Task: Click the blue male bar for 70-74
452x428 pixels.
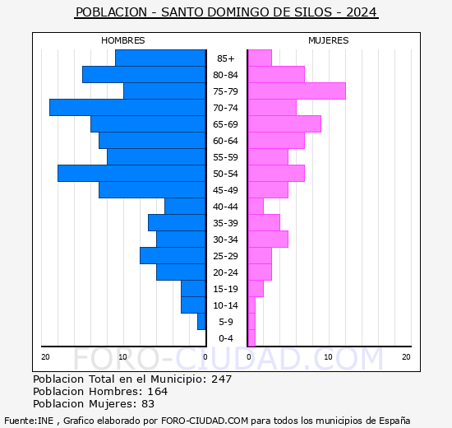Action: pos(127,108)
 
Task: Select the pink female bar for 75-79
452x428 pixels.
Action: pos(296,91)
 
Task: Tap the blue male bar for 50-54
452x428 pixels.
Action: pos(131,174)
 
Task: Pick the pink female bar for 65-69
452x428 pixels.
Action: pos(284,124)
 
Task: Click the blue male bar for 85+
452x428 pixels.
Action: pos(160,58)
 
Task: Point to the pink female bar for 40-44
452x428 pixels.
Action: pos(256,207)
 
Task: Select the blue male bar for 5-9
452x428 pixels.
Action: pos(201,322)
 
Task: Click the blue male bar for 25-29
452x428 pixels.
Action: pos(173,256)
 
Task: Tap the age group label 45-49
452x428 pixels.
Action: pos(226,190)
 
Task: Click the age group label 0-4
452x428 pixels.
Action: pos(226,338)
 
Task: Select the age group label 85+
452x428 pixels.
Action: pos(226,58)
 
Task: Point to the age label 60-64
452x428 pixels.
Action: pos(226,141)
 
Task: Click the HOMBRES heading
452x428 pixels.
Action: pos(123,40)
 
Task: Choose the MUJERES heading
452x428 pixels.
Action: pos(329,40)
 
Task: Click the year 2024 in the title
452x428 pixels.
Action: pos(362,12)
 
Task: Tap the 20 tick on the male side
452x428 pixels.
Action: pos(45,356)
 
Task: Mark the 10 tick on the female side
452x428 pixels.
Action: pos(328,356)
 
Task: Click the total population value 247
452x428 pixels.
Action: pos(222,379)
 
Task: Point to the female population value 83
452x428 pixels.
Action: pos(148,403)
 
